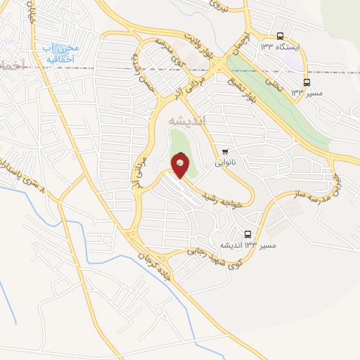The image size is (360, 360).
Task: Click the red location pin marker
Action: (180, 166)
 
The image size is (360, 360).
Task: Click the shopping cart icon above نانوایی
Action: (225, 151)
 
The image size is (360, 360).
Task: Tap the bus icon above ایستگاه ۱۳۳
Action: (281, 37)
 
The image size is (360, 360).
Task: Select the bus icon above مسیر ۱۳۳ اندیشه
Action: (247, 234)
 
